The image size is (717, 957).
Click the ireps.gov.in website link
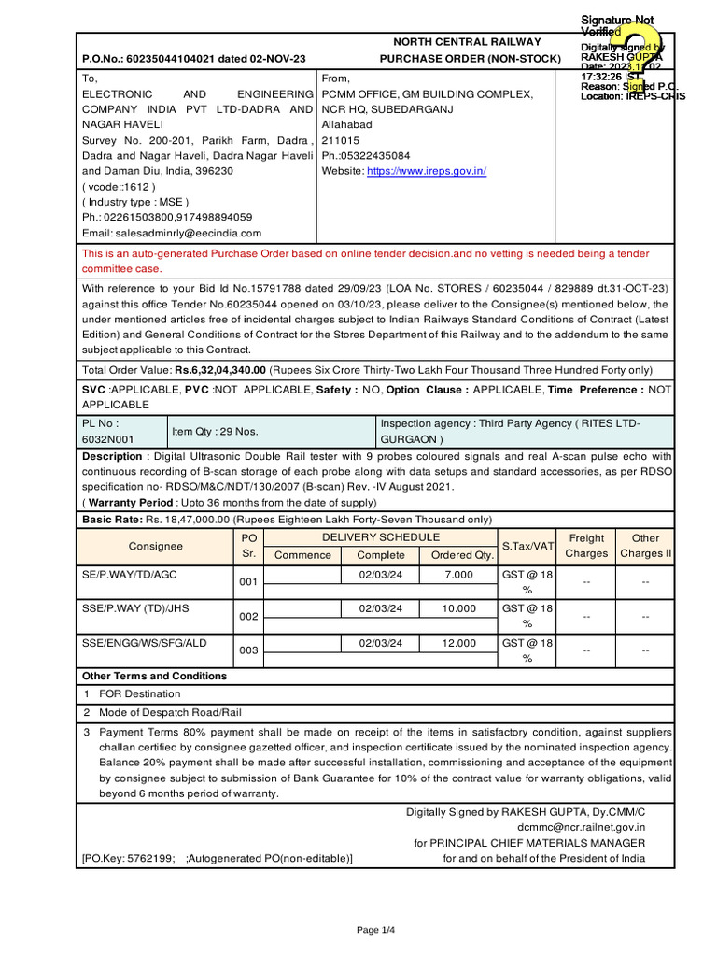(426, 171)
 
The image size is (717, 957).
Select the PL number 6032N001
(107, 438)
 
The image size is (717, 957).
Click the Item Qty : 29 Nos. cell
(215, 432)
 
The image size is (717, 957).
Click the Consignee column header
(155, 546)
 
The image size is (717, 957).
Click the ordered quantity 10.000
(458, 608)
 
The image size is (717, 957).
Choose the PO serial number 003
(247, 650)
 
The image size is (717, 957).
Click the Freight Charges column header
(585, 546)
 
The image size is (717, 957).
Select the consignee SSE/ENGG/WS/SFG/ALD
(144, 644)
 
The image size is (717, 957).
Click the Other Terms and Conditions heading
(154, 676)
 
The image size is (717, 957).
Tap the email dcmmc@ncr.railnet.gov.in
(580, 827)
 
